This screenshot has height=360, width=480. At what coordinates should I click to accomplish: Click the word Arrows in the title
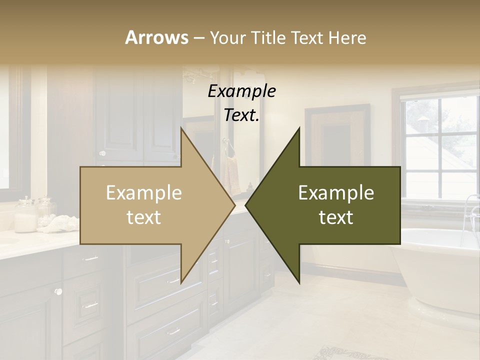156,37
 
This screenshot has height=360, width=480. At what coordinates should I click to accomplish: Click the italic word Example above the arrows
241,91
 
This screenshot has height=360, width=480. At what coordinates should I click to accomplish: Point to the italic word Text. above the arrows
241,115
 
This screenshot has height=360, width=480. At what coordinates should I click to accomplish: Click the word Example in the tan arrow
143,193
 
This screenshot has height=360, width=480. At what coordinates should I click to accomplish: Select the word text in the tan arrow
143,217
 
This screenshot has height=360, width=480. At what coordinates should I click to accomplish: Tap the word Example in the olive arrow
336,193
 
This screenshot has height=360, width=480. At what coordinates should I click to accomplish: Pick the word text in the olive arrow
336,217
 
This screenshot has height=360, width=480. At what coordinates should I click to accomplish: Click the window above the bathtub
440,145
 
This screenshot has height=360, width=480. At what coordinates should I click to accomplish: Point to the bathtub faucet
470,210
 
